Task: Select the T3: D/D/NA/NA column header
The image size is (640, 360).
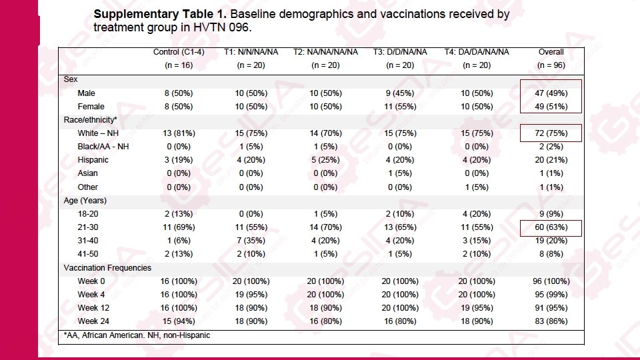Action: [x=401, y=52]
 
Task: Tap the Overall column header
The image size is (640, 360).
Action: [x=551, y=52]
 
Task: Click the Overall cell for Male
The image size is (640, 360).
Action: [x=551, y=93]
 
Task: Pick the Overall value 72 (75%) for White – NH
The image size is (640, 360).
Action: [x=551, y=133]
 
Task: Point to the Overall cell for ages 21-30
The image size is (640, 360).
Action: [x=551, y=227]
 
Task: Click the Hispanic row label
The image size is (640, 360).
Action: [x=93, y=160]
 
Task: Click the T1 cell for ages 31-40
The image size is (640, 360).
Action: [x=251, y=241]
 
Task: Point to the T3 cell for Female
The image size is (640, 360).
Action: [x=401, y=107]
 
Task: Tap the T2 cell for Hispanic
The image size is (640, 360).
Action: [x=325, y=160]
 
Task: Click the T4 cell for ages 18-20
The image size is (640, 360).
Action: [x=476, y=214]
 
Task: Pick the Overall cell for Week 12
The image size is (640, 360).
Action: [x=551, y=308]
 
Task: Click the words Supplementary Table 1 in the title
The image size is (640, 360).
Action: [x=159, y=14]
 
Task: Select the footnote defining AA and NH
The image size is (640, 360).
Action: [x=137, y=335]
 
